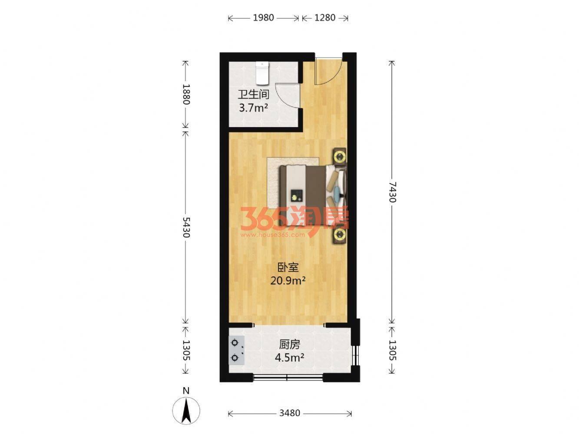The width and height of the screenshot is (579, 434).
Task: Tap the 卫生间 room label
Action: coord(253,95)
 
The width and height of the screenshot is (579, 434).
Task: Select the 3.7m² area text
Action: coord(253,108)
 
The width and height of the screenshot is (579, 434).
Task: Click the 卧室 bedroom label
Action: coord(288,268)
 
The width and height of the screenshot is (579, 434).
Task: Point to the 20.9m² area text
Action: coord(288,281)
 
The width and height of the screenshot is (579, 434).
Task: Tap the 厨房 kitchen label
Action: coord(289,344)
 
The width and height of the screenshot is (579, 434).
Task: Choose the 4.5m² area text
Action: coord(289,358)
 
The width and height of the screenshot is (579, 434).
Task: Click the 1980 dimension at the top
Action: coord(263,18)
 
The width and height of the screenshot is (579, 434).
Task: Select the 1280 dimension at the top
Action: coord(325,18)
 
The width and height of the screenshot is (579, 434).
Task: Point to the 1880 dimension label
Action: coord(186,94)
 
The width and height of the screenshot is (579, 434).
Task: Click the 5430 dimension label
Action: coord(186,227)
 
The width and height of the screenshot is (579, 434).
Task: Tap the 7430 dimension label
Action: coord(392,192)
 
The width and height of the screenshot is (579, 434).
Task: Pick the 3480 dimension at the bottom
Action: coord(289,413)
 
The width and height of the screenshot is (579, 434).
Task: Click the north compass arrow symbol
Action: coord(186,411)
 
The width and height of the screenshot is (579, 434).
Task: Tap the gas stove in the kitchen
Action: coord(236,350)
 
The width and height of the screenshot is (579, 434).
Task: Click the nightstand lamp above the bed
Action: coord(340,157)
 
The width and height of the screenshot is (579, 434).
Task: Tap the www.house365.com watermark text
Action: coord(272,235)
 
